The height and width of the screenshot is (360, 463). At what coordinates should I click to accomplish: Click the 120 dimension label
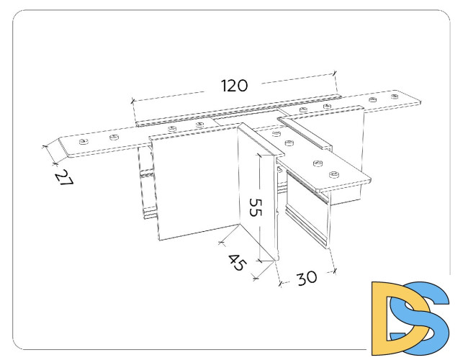(x=235, y=86)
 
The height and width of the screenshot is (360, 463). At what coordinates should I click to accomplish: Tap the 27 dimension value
(x=64, y=178)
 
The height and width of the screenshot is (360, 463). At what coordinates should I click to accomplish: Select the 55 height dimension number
(x=256, y=207)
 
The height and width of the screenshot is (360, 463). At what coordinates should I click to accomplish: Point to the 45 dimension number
(x=237, y=261)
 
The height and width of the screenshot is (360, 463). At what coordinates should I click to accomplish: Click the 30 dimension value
(x=307, y=278)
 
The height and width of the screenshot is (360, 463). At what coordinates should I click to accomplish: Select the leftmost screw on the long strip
(x=84, y=142)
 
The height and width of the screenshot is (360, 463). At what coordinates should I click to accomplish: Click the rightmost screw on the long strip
(x=395, y=96)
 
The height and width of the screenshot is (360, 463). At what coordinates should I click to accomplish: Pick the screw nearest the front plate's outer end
(x=334, y=175)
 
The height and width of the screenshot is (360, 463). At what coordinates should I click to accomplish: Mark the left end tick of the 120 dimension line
(x=132, y=102)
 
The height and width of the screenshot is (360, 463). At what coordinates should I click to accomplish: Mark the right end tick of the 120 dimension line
(x=335, y=73)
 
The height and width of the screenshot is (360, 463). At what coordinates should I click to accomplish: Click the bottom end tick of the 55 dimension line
(x=259, y=261)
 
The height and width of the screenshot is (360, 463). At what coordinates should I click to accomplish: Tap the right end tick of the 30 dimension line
(x=334, y=271)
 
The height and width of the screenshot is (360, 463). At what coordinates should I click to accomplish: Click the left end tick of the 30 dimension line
(x=280, y=284)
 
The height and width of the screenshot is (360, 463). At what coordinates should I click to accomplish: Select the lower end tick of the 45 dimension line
(x=256, y=278)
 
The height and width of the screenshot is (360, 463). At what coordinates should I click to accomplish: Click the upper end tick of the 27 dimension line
(x=45, y=146)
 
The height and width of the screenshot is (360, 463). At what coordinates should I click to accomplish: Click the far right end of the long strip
(x=421, y=102)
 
